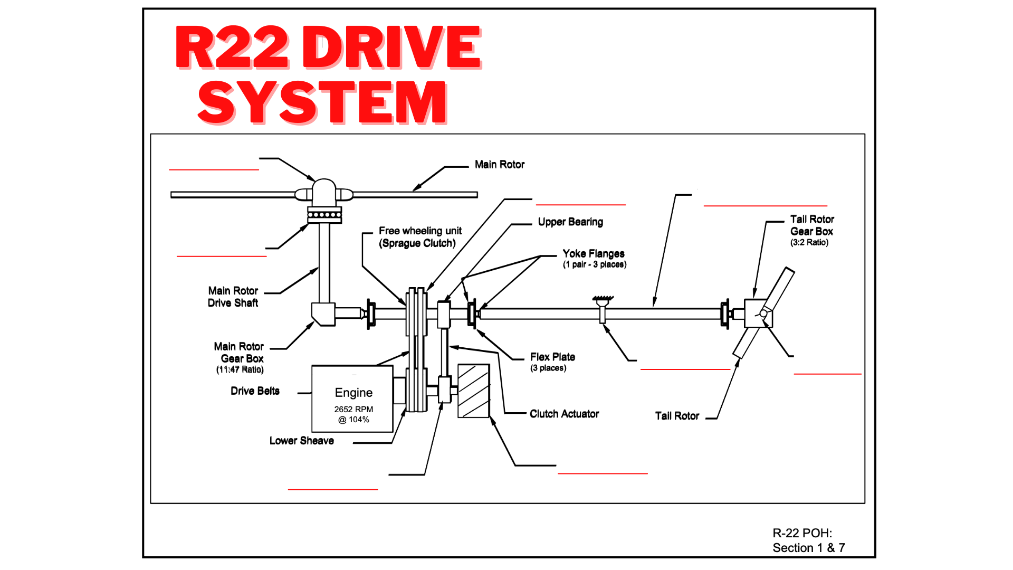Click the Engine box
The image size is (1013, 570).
tap(352, 399)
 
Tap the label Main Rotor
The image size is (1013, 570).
tap(499, 165)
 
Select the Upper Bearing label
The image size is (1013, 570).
tap(570, 222)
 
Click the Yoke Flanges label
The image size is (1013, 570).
tap(593, 254)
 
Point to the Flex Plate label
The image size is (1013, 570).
tap(552, 357)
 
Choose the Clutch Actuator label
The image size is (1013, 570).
tap(564, 414)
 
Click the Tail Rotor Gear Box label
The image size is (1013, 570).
tap(811, 225)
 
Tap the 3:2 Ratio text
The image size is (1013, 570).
tap(809, 243)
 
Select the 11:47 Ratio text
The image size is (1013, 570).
tap(240, 370)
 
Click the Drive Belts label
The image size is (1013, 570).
tap(255, 391)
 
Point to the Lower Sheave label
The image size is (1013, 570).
tap(301, 441)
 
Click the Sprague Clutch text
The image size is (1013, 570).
tap(417, 243)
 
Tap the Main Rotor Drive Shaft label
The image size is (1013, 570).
tap(233, 297)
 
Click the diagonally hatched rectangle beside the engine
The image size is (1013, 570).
tap(473, 391)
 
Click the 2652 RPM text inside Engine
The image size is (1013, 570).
tap(353, 410)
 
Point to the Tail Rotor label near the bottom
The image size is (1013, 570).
tap(676, 416)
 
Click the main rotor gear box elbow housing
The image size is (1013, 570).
tap(323, 313)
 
